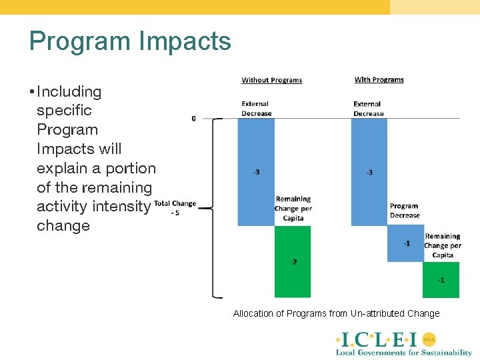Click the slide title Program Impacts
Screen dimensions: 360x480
(x=130, y=41)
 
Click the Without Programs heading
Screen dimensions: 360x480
(x=271, y=80)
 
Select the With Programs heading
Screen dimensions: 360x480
(x=379, y=79)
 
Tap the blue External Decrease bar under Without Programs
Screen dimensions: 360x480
(x=256, y=172)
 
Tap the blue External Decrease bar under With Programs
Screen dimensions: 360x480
(x=369, y=172)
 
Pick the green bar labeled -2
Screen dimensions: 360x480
(x=293, y=261)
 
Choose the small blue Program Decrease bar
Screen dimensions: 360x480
(x=405, y=243)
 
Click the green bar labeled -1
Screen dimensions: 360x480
(x=441, y=279)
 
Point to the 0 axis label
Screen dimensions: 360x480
(x=193, y=118)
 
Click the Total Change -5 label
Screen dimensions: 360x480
(x=175, y=208)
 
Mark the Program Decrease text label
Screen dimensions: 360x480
(x=405, y=211)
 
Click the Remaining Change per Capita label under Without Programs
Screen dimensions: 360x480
(x=293, y=208)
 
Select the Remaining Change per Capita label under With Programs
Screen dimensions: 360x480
(x=443, y=245)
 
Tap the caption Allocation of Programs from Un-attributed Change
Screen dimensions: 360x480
(x=336, y=313)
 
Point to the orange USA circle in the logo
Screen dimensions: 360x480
(x=429, y=339)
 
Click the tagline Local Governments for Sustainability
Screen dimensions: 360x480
(x=403, y=352)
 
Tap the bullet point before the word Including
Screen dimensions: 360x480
(x=31, y=91)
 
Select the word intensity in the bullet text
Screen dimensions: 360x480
(x=121, y=207)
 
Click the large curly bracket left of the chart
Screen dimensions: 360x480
(x=215, y=208)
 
